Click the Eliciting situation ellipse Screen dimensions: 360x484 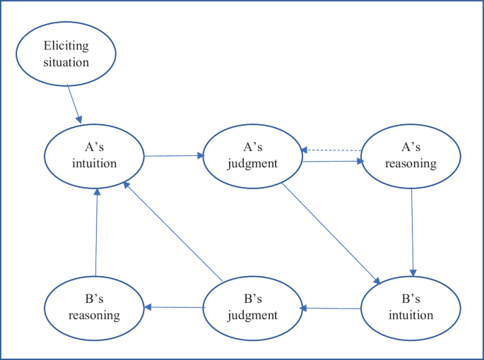(66, 54)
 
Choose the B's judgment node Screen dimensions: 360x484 (253, 308)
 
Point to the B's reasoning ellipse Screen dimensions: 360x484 (95, 308)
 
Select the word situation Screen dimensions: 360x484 (66, 62)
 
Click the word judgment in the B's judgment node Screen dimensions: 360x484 (253, 315)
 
